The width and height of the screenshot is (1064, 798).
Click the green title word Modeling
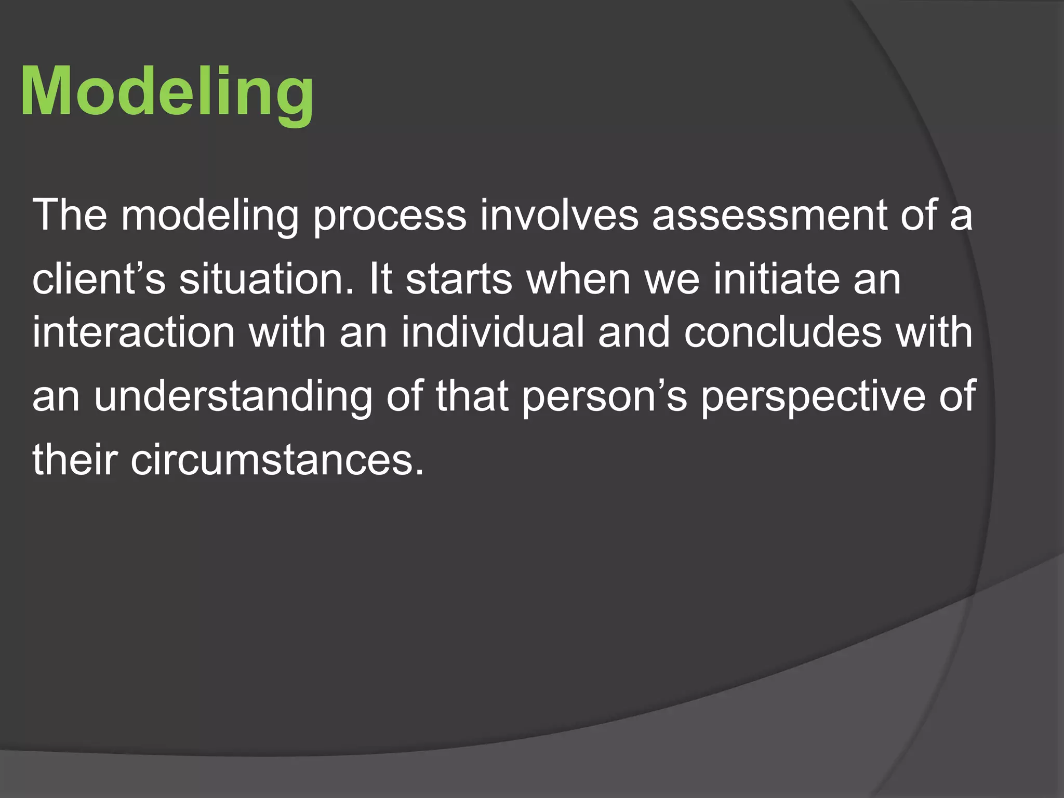coord(167,92)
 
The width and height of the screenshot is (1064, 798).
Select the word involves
coord(559,215)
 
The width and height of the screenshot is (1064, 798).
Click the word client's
coord(99,280)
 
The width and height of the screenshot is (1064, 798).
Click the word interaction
coord(134,332)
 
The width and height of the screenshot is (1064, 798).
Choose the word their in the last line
coord(75,460)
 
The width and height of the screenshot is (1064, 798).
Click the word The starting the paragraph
coord(70,215)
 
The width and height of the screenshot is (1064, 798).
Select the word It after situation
coord(380,280)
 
